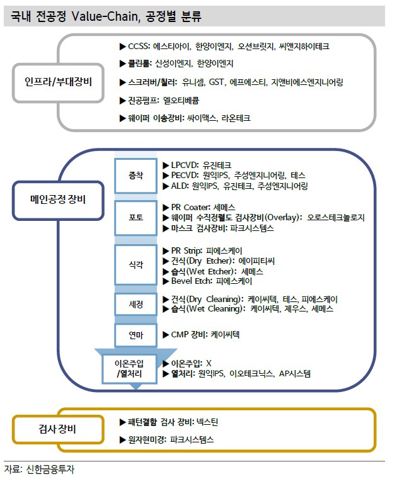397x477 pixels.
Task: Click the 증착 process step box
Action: coord(135,175)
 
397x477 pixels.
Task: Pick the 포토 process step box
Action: coord(135,218)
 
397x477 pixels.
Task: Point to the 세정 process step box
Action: coord(135,304)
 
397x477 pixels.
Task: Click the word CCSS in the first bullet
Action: coord(140,47)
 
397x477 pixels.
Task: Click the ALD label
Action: coord(180,186)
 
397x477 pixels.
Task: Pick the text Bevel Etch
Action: coord(191,281)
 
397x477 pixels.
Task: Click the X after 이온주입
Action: coord(208,364)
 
